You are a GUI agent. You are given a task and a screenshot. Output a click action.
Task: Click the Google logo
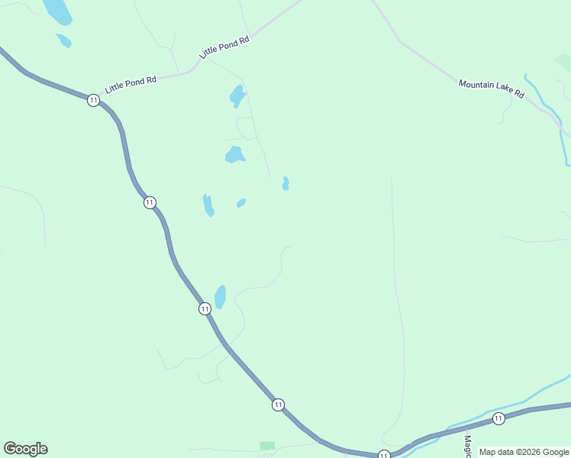[26, 449]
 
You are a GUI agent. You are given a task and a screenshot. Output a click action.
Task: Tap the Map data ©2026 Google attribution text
[524, 452]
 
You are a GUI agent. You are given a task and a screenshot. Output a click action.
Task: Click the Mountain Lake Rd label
[491, 89]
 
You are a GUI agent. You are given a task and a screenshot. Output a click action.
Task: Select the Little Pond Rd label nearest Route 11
[131, 83]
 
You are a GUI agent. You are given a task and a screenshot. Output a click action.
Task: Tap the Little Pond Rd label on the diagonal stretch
[224, 47]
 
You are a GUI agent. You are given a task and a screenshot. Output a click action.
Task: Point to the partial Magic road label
[467, 442]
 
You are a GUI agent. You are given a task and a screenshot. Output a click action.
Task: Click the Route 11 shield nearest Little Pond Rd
[93, 100]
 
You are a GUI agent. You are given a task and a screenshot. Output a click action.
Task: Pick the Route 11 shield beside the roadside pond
[205, 308]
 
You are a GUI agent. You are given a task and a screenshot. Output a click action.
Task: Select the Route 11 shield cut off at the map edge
[383, 454]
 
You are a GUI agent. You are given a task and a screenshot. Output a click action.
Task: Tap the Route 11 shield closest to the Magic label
[498, 418]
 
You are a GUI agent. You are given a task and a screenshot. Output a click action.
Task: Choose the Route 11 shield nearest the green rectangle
[278, 404]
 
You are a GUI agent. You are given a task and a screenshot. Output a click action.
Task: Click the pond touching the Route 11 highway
[221, 296]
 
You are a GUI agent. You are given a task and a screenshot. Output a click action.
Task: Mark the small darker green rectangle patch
[267, 445]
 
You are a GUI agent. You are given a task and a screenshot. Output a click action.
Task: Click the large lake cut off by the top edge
[57, 11]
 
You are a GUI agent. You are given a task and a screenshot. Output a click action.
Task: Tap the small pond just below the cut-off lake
[64, 40]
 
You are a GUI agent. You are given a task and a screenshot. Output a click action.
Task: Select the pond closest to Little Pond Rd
[237, 96]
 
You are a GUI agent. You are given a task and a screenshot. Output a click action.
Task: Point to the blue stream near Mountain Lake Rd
[551, 111]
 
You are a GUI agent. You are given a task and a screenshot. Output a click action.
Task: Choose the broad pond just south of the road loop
[234, 155]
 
